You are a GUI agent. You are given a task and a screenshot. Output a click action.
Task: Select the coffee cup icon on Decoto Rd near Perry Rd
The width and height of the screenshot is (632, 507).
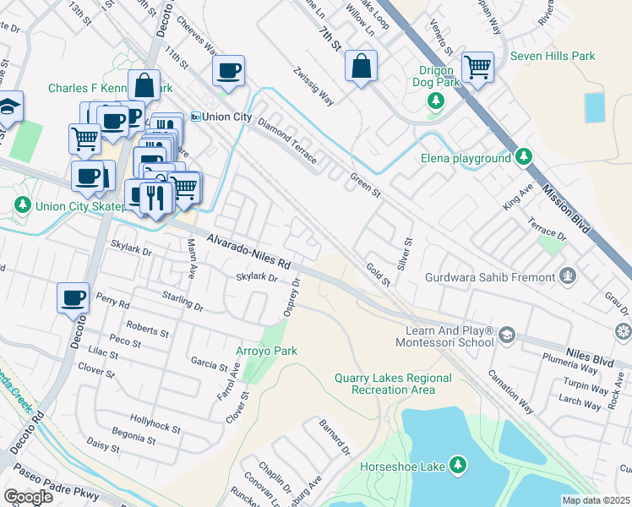[x=74, y=297]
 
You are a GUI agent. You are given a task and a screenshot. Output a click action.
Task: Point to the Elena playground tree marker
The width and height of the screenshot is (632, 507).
[x=524, y=157]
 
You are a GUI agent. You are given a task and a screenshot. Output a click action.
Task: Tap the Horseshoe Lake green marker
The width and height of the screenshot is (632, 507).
[x=457, y=466]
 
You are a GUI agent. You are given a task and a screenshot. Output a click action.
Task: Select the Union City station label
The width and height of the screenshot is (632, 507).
[x=221, y=117]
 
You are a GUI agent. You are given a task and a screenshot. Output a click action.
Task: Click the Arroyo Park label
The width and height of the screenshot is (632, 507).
[x=265, y=350]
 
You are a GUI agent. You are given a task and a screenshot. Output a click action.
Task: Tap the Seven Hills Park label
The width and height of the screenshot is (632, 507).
[x=553, y=57]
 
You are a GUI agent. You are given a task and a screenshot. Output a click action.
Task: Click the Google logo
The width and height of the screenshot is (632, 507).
[x=28, y=496]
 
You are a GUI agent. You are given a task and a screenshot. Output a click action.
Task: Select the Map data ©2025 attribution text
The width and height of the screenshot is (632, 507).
[x=596, y=500]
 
